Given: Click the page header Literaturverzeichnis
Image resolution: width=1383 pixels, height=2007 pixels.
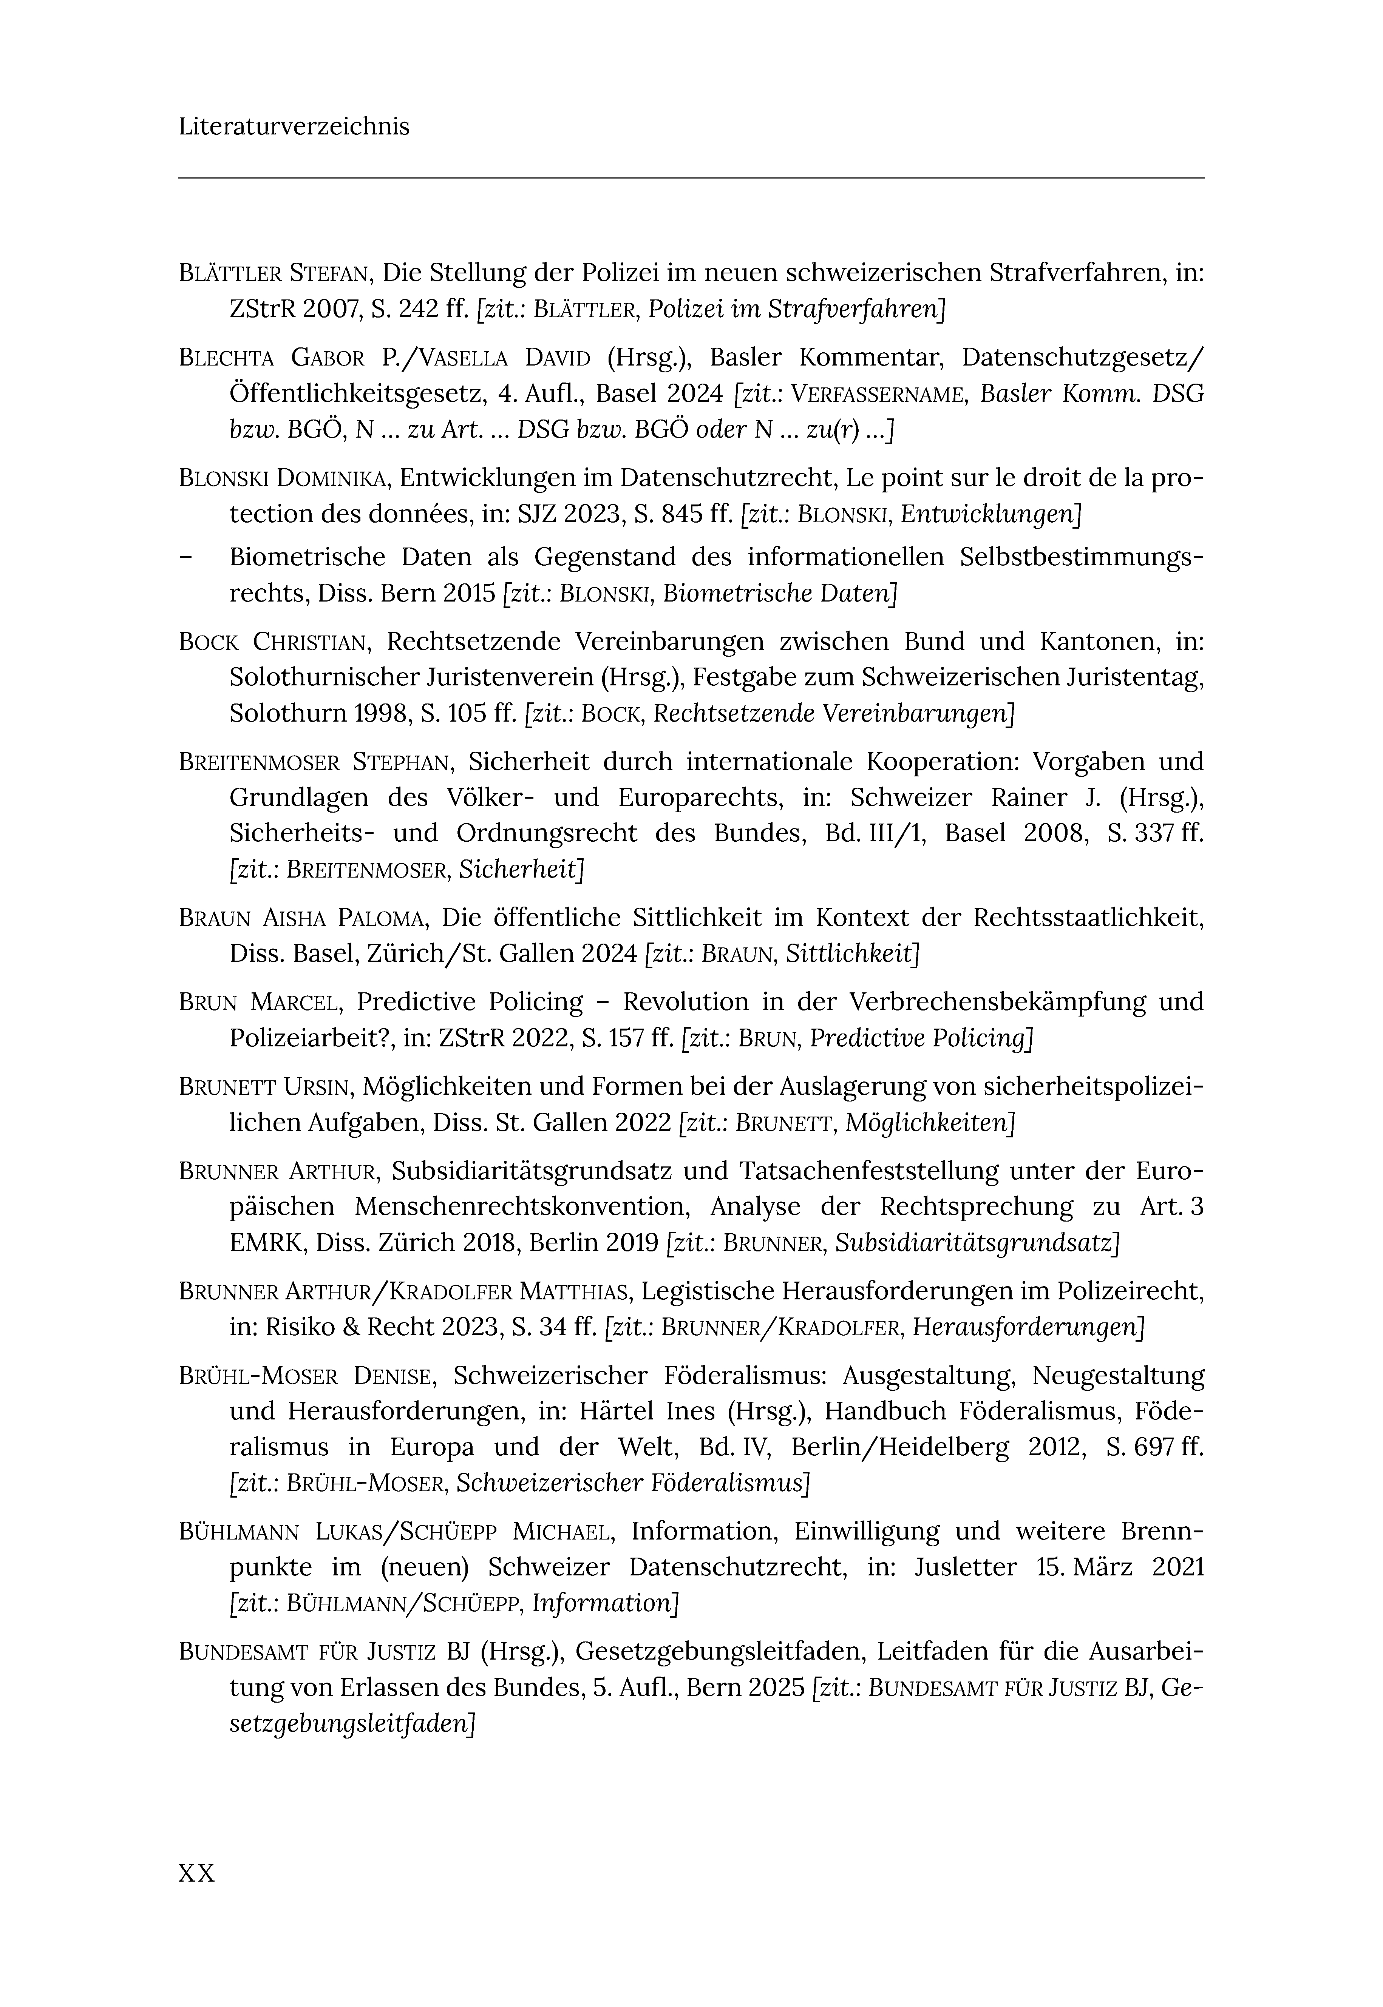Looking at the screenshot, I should (294, 126).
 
